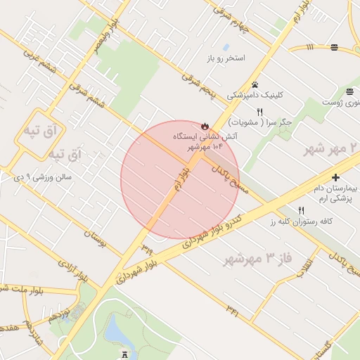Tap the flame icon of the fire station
coord(205,127)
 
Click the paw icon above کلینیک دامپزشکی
coord(255,84)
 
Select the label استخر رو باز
coord(226,57)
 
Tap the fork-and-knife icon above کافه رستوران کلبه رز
coord(302,210)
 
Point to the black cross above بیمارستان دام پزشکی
coord(335,178)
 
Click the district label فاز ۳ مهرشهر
coord(257,258)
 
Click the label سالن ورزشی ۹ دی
coord(43,177)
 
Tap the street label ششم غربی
coord(38,60)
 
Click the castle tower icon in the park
coord(125,355)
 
